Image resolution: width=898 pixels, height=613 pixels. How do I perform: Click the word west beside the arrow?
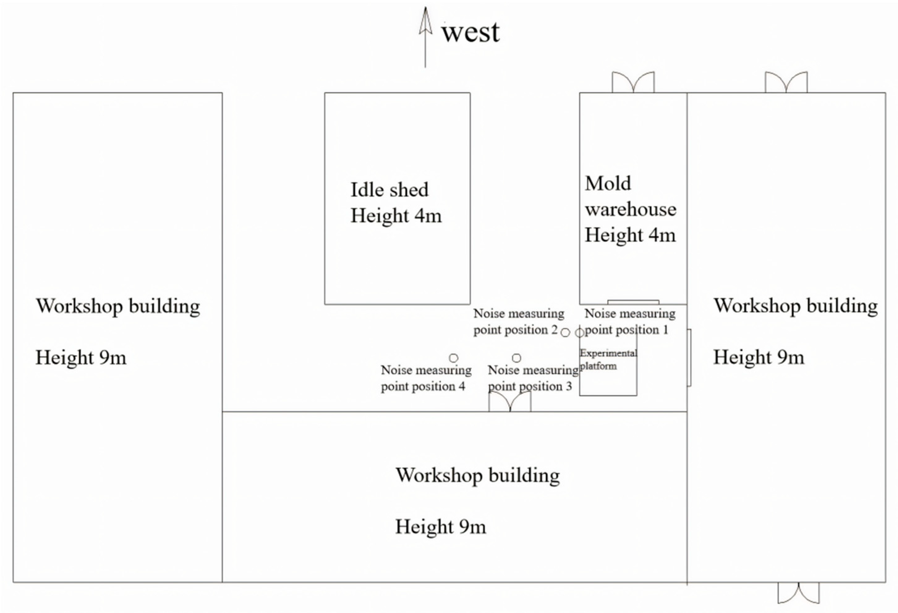[x=470, y=32]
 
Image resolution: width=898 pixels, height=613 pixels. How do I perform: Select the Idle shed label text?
[x=389, y=190]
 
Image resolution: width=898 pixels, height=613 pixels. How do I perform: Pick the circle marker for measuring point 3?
[x=517, y=358]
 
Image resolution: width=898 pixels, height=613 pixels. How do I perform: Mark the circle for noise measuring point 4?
[x=454, y=358]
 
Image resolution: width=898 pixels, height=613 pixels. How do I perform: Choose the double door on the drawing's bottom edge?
[x=798, y=593]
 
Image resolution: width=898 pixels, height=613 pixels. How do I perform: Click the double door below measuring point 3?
[x=510, y=402]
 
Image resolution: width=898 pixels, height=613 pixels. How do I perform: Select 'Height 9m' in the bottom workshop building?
[x=440, y=527]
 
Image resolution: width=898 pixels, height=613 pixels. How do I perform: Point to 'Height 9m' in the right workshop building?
[x=759, y=357]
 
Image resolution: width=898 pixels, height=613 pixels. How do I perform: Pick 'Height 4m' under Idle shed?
[x=396, y=216]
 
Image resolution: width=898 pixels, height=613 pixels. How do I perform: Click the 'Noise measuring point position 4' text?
[x=426, y=378]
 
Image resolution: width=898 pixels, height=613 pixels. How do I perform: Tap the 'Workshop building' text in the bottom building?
[x=478, y=475]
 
